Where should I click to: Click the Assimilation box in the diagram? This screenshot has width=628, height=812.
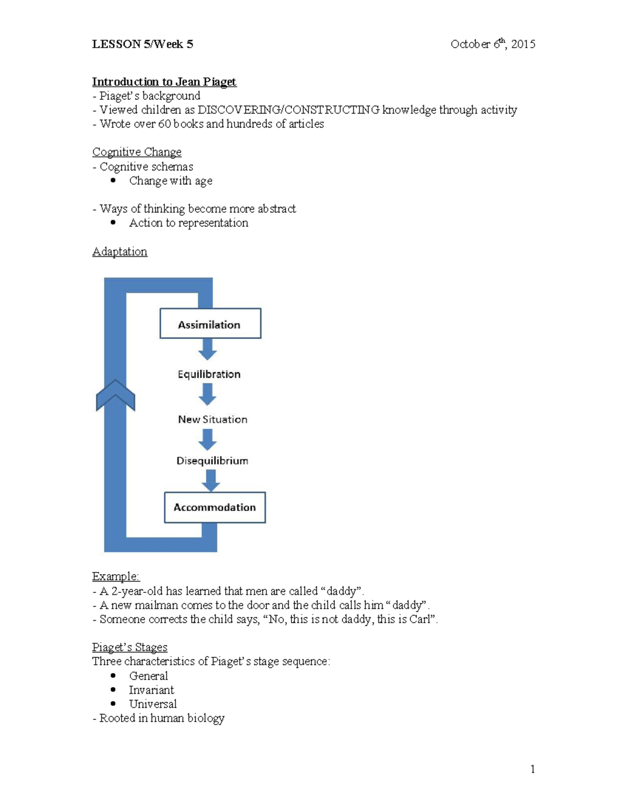pos(210,324)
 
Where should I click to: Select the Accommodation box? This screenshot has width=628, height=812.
pos(215,507)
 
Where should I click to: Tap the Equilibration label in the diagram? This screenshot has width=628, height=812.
pos(209,374)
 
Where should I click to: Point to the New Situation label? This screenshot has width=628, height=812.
pos(212,419)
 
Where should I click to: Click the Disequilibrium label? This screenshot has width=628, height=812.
pos(212,461)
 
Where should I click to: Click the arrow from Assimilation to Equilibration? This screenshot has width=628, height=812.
pos(208,349)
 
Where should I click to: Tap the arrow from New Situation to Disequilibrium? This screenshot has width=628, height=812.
pos(208,440)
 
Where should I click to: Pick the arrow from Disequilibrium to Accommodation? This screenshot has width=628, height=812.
pos(210,481)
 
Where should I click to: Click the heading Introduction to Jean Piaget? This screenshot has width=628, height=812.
pos(164,82)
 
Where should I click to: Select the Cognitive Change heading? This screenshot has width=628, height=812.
pos(137,152)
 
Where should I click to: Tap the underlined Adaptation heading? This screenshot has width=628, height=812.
pos(120,251)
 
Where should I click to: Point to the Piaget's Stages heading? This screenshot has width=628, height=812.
pos(130,647)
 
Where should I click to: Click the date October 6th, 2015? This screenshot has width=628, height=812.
pos(492,44)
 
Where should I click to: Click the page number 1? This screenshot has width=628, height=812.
pos(533,769)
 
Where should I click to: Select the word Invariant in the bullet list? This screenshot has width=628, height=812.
pos(151,690)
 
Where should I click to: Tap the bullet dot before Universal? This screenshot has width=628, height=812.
pos(113,704)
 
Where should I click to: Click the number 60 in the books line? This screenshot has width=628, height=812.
pos(165,124)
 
